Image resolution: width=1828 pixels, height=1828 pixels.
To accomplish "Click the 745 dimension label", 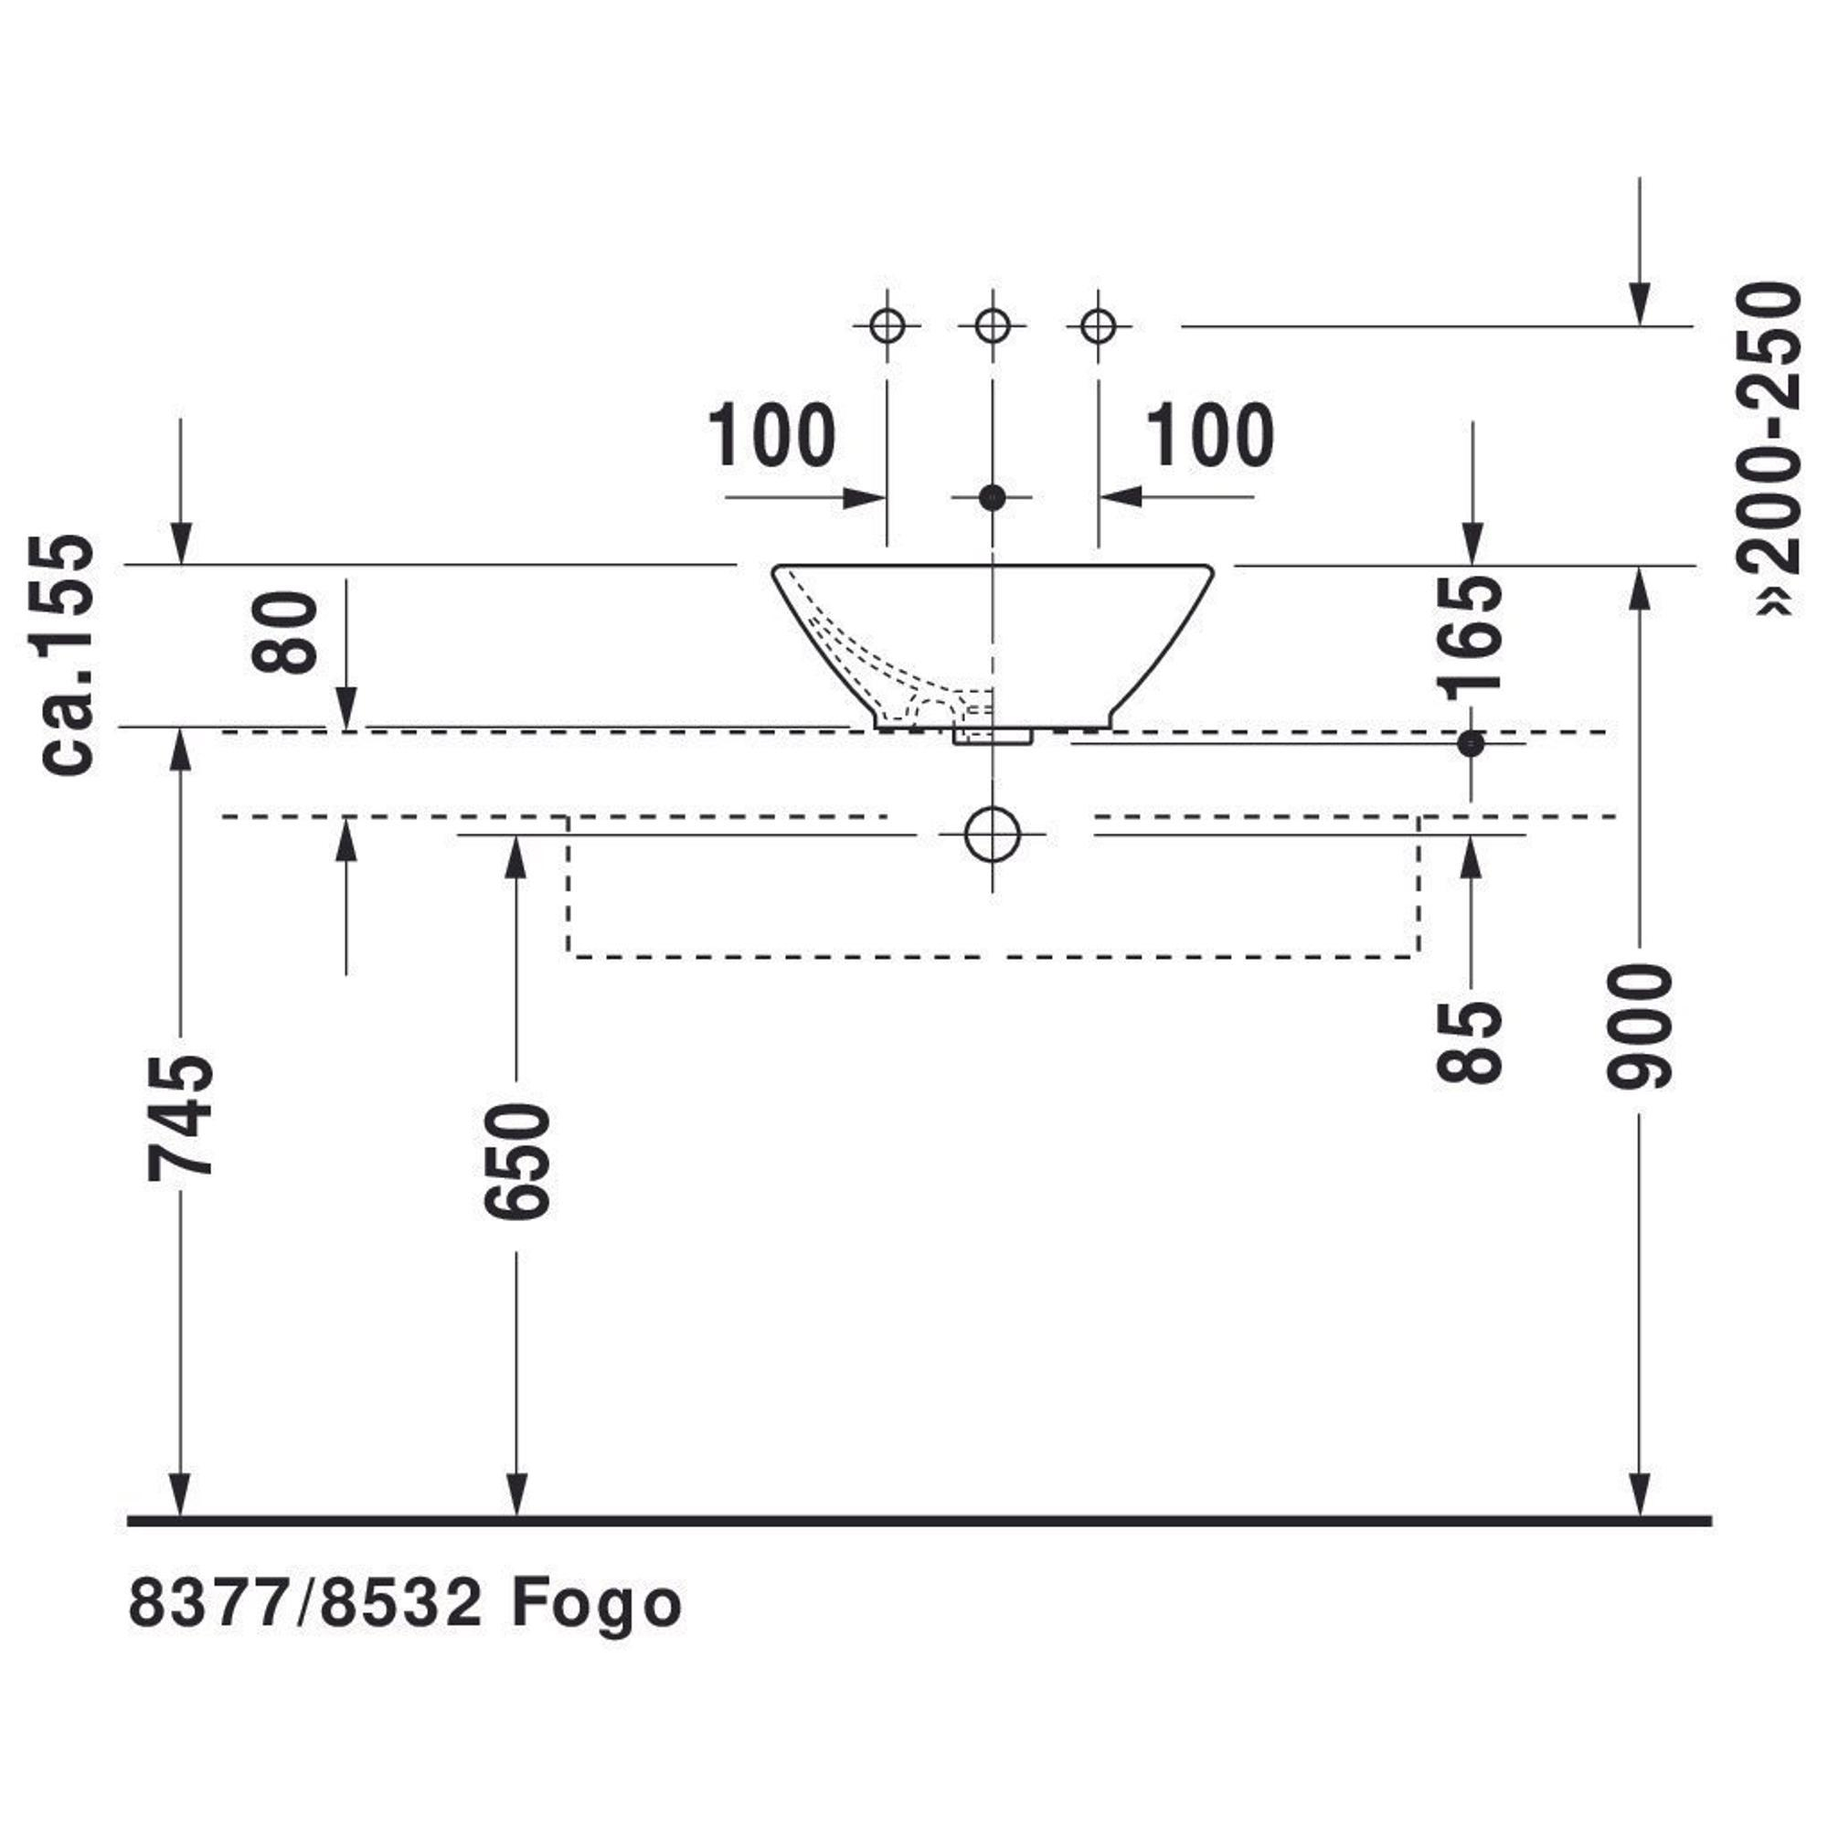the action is (181, 1118).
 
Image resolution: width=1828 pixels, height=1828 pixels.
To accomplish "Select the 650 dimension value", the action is (516, 1160).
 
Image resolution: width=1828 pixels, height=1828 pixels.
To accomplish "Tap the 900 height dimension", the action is (1640, 1026).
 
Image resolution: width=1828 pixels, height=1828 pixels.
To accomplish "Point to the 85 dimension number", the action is (1470, 1042).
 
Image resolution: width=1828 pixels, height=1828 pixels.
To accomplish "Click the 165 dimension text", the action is (1470, 638).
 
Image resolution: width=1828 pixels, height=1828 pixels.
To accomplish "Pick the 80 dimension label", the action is (285, 632).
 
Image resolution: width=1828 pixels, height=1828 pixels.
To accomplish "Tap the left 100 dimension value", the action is (772, 436).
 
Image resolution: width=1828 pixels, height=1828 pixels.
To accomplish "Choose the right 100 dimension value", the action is (1210, 436).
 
